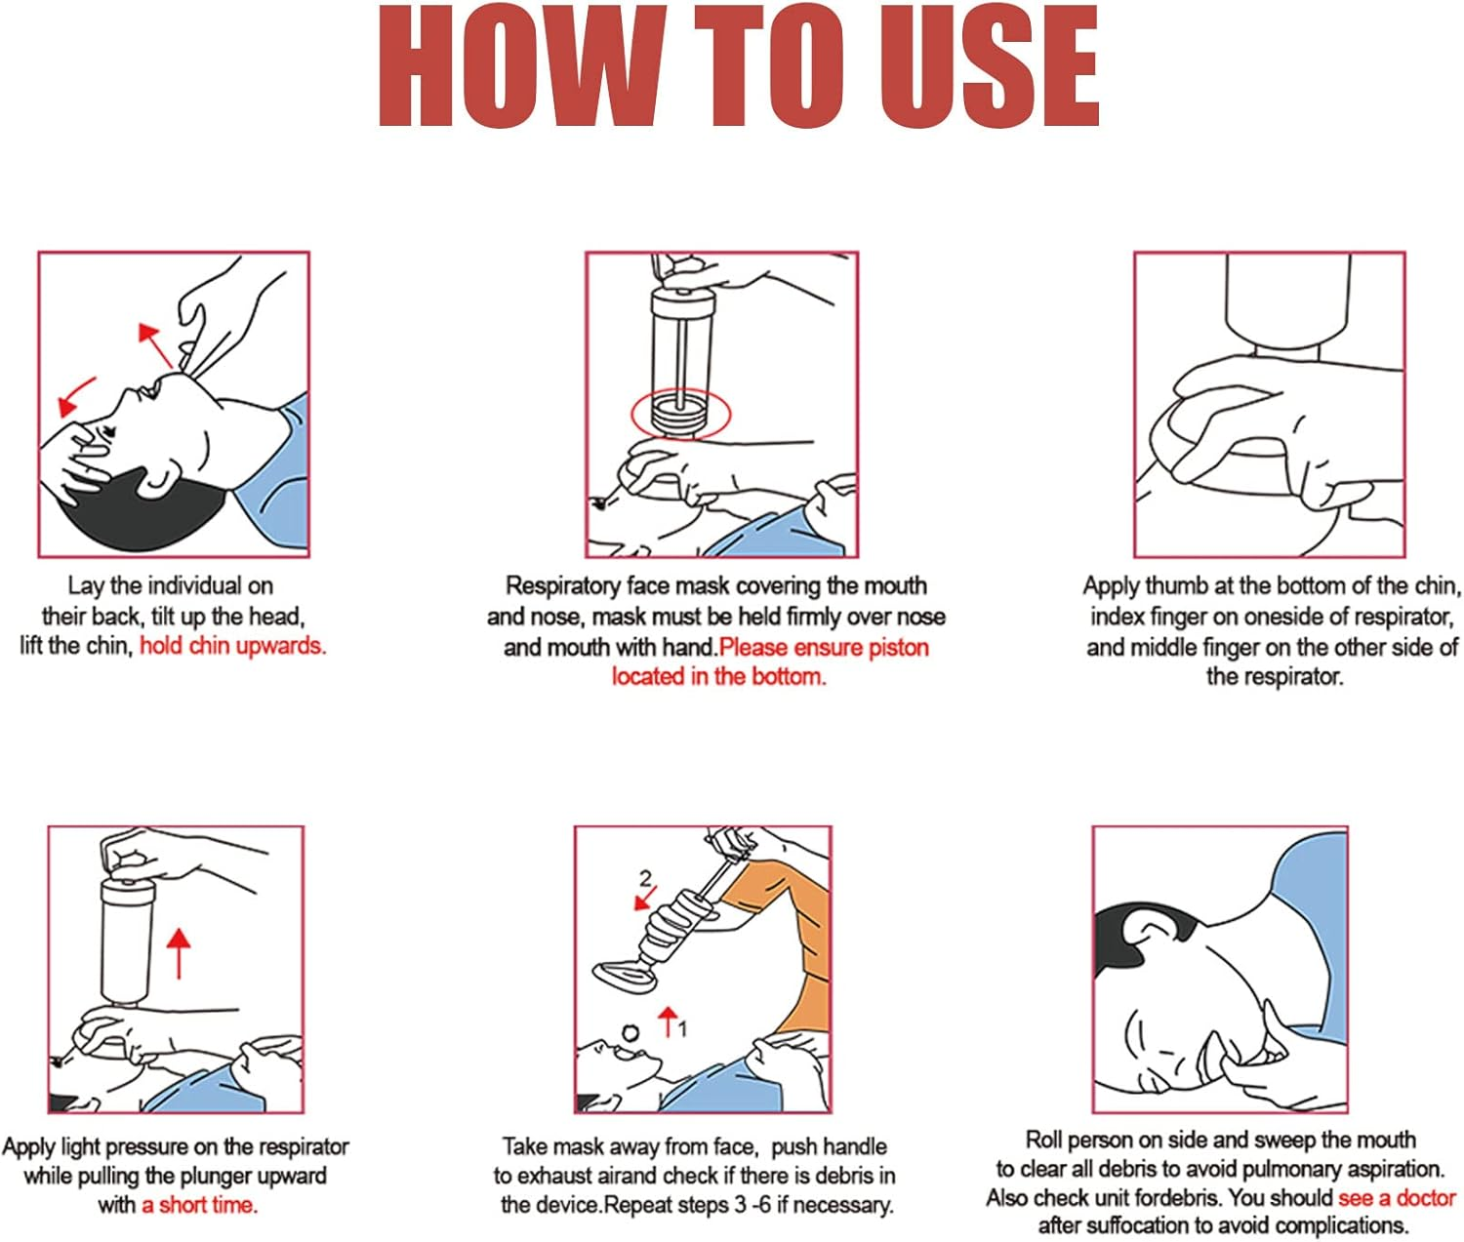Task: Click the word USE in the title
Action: point(989,66)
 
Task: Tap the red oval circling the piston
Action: point(680,415)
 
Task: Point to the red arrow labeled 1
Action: point(668,1022)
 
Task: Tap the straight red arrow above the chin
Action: point(153,344)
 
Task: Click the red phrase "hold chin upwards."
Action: point(232,645)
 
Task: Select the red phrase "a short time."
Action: point(199,1205)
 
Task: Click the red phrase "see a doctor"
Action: point(1396,1197)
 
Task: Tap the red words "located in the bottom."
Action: point(718,676)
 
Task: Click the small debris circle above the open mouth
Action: point(630,1033)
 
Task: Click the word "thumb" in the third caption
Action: point(1176,585)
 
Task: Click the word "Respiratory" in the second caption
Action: point(561,585)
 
